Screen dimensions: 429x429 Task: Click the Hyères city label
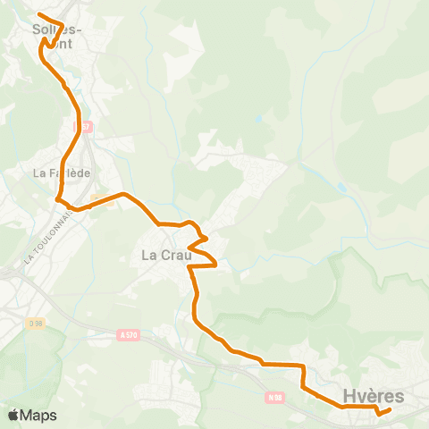[x=374, y=396]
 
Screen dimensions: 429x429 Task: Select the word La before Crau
[x=150, y=256]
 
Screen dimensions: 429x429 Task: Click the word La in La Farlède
[x=40, y=172]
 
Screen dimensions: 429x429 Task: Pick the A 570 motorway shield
[x=129, y=336]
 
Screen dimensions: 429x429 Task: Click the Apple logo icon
[x=13, y=415]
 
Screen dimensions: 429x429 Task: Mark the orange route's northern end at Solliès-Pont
[x=40, y=13]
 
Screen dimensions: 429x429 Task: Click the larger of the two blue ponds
[x=342, y=188]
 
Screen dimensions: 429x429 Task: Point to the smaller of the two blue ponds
[x=259, y=118]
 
